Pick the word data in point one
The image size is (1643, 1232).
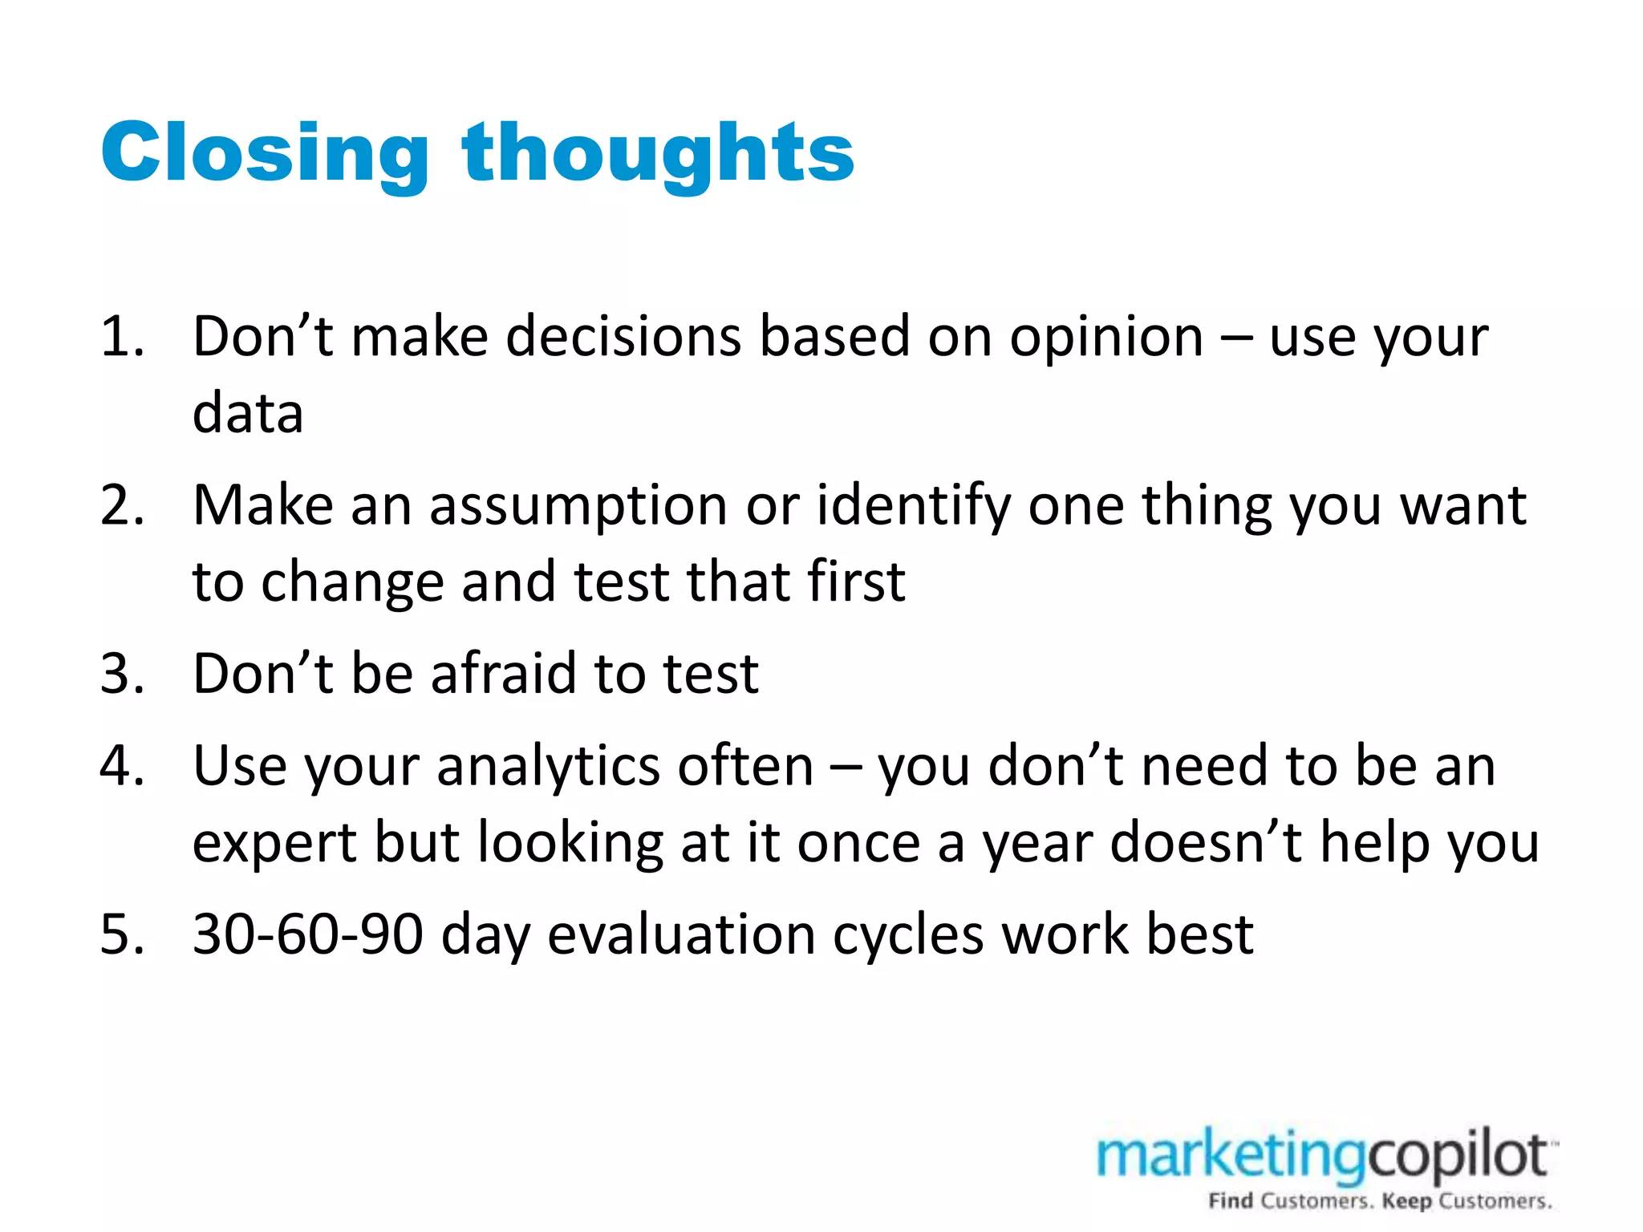[x=248, y=413]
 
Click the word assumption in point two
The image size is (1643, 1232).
[x=578, y=507]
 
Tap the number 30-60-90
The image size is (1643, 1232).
[x=308, y=935]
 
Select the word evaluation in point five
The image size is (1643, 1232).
[x=681, y=935]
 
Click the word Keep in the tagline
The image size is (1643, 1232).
[x=1407, y=1201]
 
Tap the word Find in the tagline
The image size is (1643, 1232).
[x=1231, y=1201]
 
